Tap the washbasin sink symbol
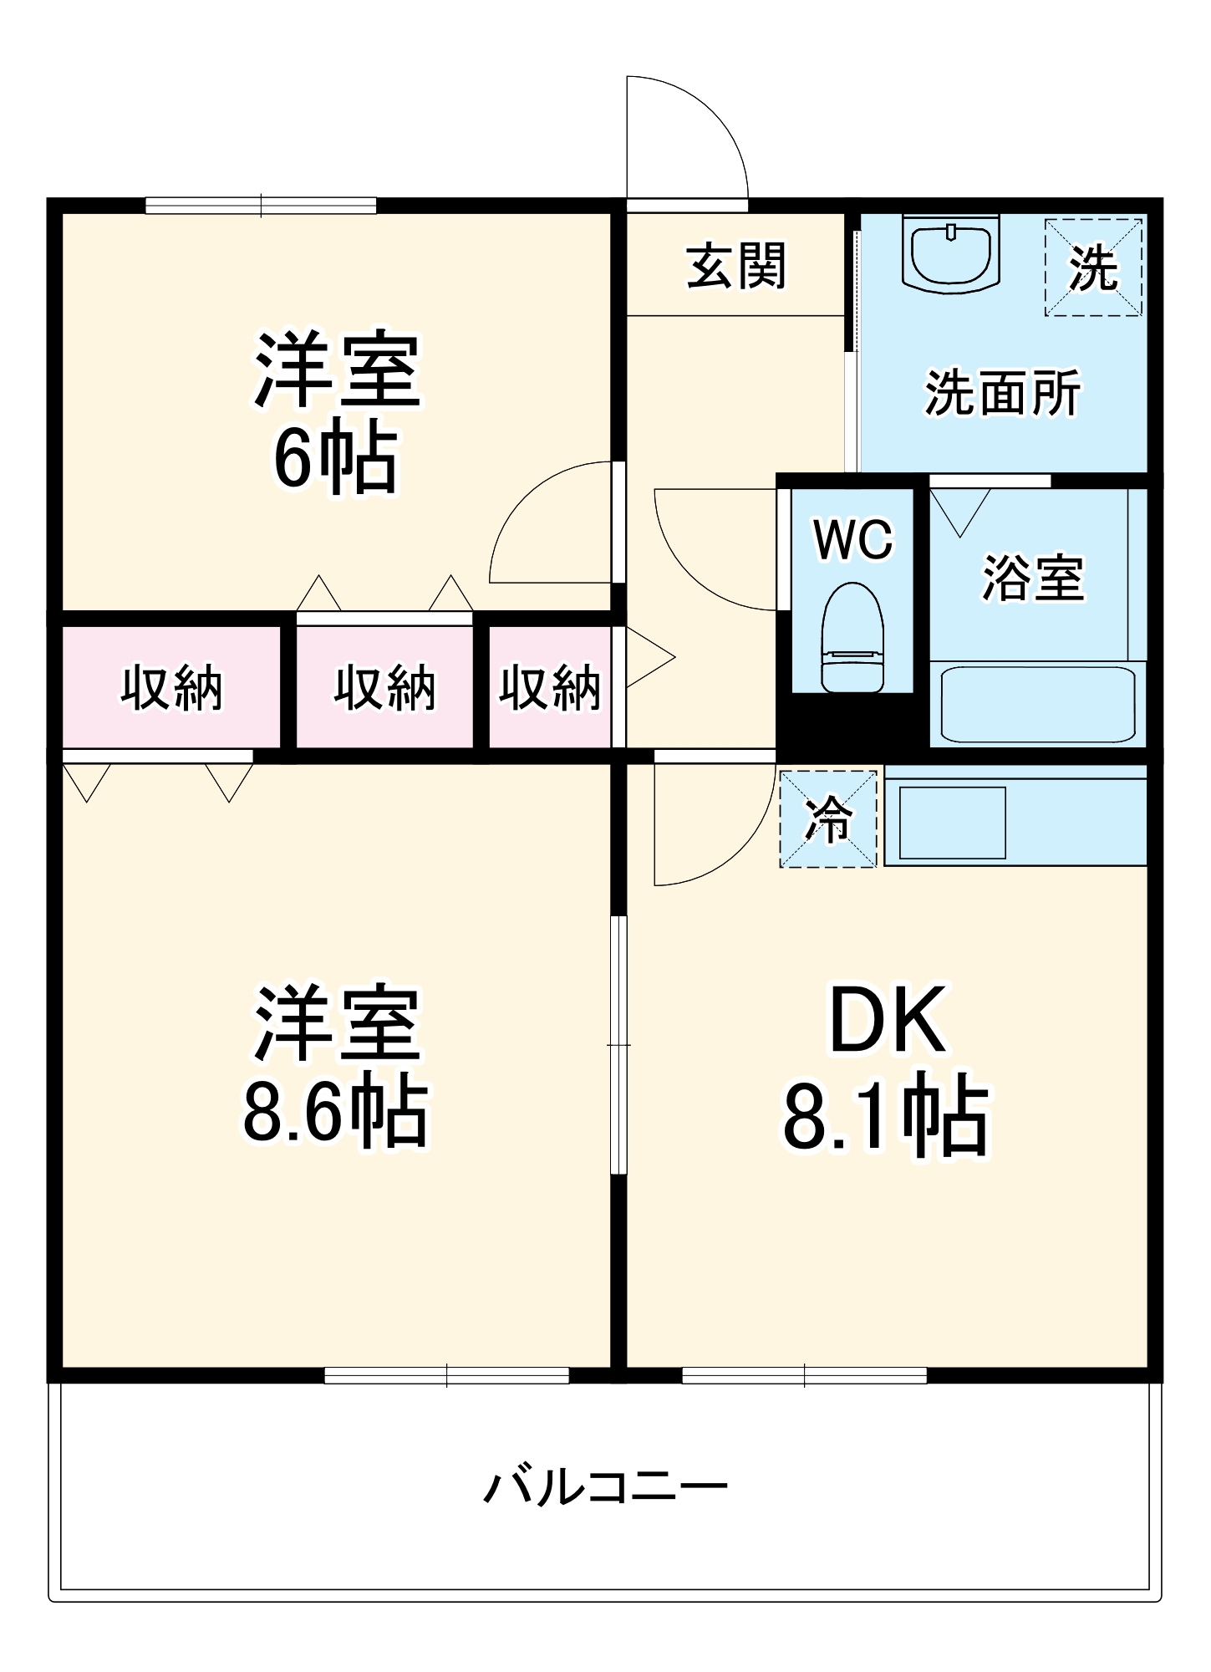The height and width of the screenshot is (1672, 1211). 951,253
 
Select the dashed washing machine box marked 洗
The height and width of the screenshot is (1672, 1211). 1092,268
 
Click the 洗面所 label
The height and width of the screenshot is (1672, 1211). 1002,392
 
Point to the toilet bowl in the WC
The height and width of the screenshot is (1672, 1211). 852,639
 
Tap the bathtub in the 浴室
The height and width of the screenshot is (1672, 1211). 1037,703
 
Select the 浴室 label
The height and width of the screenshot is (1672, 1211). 1032,578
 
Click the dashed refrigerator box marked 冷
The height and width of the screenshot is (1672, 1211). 827,818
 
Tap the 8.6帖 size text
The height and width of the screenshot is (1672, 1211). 335,1114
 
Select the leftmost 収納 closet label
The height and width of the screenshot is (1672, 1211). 171,688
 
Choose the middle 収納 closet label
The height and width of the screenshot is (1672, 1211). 384,688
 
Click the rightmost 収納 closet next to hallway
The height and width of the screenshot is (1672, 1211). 549,688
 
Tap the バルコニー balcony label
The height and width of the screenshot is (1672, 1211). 605,1487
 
